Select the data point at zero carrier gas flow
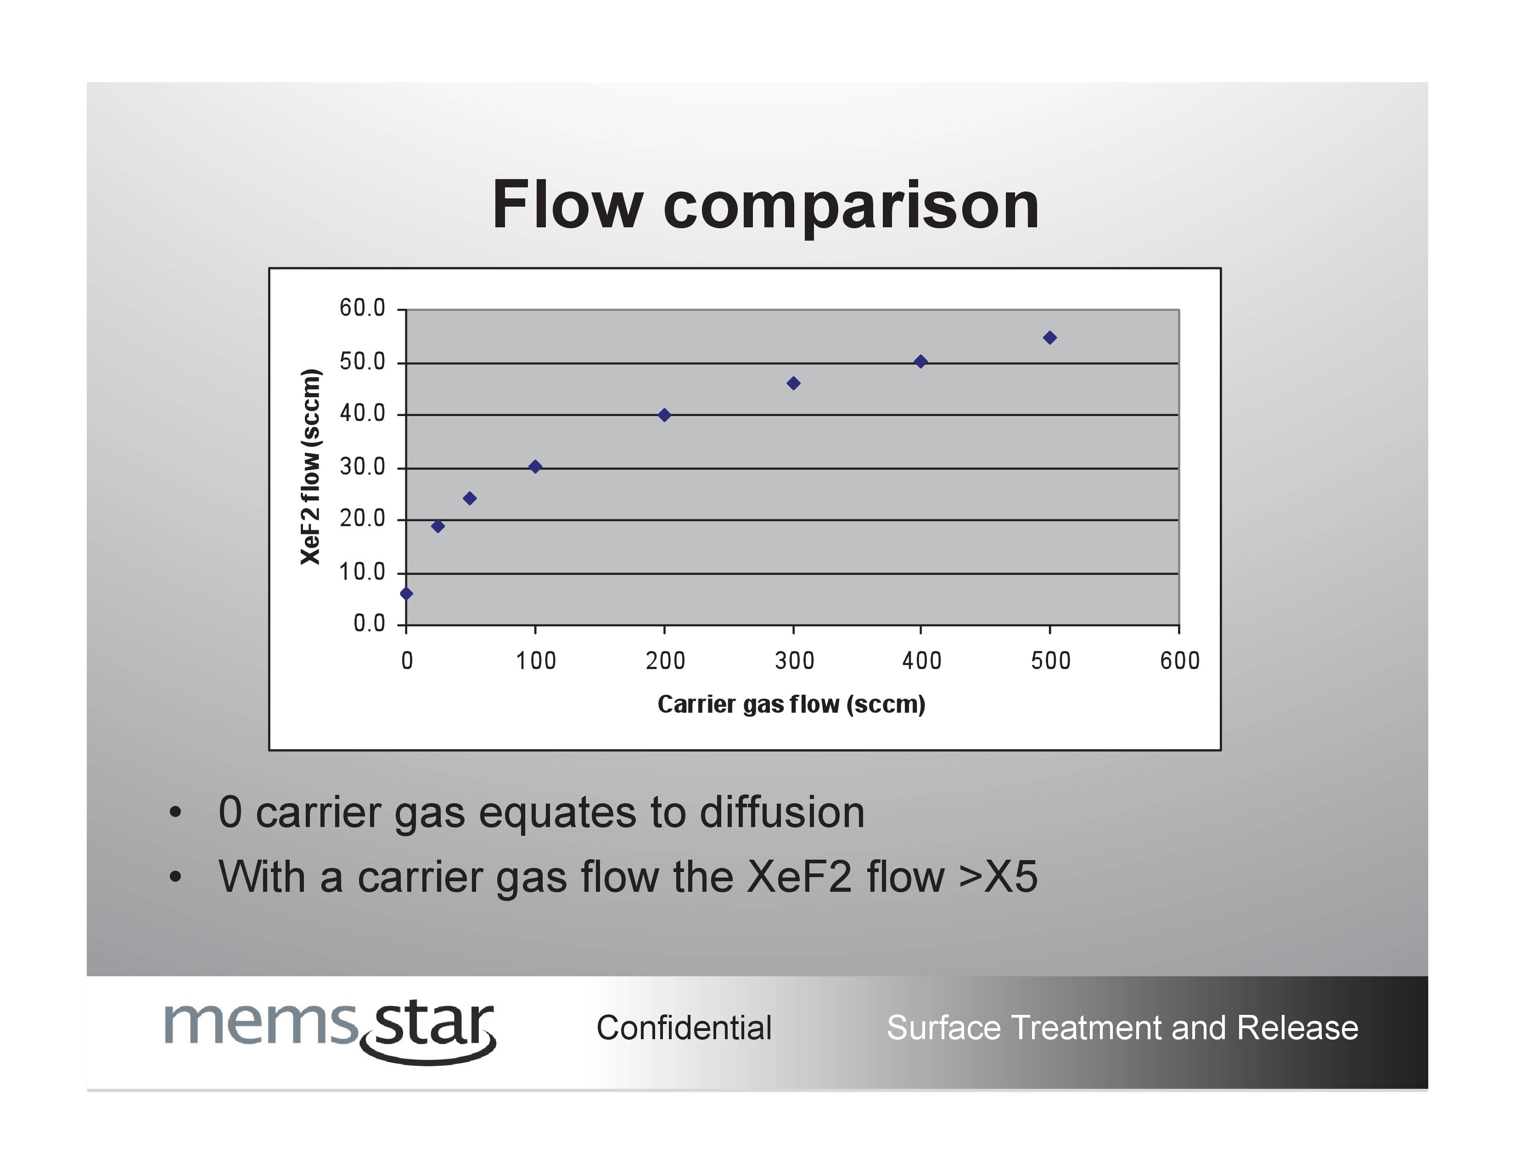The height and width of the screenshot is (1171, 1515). (x=406, y=594)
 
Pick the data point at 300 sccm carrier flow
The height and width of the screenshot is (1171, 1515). (x=794, y=383)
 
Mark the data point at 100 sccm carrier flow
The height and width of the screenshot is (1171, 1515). (x=535, y=467)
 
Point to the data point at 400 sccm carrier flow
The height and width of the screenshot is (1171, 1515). (x=920, y=361)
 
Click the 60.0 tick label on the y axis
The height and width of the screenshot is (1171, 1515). (x=362, y=308)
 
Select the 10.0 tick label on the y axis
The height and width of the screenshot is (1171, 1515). (x=362, y=572)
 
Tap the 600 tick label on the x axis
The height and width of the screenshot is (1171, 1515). (x=1180, y=660)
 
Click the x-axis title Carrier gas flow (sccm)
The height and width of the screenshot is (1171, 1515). (x=791, y=704)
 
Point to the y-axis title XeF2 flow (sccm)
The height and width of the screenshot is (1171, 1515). (x=311, y=467)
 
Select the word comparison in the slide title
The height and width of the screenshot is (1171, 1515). (x=851, y=208)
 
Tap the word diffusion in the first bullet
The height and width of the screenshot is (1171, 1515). (x=782, y=812)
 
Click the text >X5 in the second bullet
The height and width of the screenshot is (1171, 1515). (x=998, y=877)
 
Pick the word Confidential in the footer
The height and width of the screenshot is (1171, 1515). (x=684, y=1028)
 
